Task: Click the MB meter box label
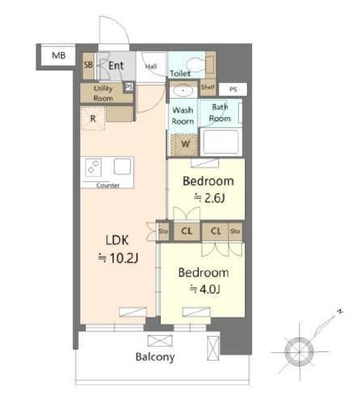click(59, 55)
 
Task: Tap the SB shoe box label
click(88, 64)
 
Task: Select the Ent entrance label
click(116, 65)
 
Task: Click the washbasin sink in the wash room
click(183, 90)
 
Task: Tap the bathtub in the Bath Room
click(221, 142)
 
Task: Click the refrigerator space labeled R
click(93, 118)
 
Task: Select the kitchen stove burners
click(93, 167)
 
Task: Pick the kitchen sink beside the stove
click(122, 166)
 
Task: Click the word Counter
click(108, 185)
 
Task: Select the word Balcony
click(155, 357)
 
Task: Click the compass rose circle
click(299, 352)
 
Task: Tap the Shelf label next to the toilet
click(208, 87)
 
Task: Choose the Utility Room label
click(103, 93)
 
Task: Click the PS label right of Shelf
click(233, 89)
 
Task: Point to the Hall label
click(151, 67)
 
